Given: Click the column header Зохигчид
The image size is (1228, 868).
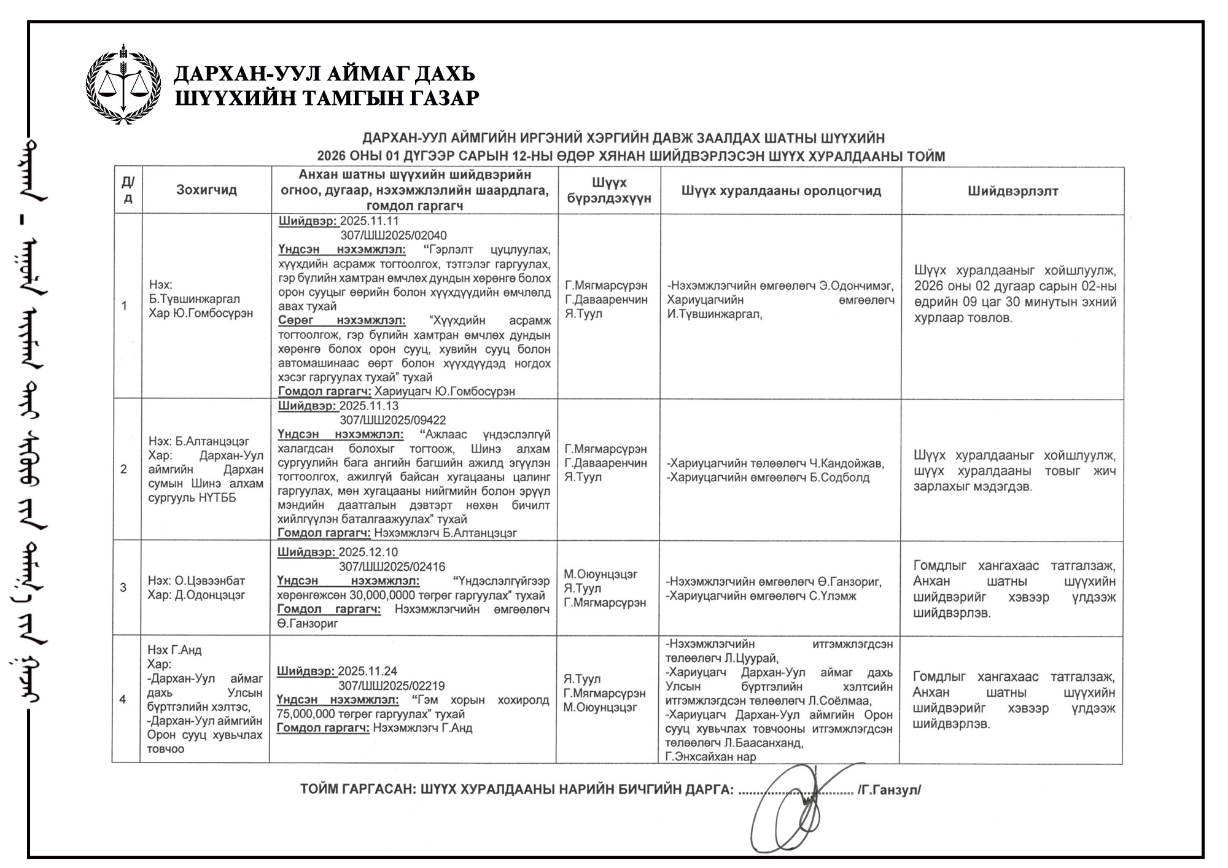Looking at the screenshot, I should point(206,190).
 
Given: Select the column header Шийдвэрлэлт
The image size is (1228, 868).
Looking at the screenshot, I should point(1012,191).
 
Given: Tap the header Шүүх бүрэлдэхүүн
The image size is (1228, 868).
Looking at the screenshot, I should point(608,190).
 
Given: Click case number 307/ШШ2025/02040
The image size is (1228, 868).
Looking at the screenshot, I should point(394,236).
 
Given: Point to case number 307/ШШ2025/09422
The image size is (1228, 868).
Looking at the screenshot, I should point(393,420).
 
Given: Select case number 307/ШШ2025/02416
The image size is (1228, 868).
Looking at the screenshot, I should point(392,567).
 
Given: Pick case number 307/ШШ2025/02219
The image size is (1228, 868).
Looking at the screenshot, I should point(392,686).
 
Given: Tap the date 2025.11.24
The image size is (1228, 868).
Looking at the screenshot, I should point(368,672).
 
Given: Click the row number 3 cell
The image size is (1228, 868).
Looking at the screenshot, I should point(123,587).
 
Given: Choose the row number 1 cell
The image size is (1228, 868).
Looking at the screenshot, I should point(125,306).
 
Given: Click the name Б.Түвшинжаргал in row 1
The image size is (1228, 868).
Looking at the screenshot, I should point(195,299).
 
